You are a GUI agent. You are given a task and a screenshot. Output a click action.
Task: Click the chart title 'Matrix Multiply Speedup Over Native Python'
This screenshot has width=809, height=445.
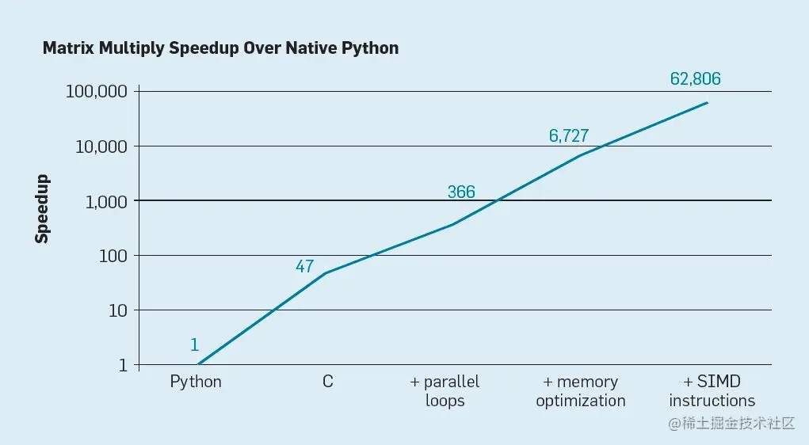[x=220, y=48]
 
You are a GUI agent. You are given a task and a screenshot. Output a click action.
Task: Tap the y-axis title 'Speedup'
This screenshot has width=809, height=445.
[x=41, y=208]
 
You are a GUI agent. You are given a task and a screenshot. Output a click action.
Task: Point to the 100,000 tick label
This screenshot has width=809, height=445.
[x=97, y=91]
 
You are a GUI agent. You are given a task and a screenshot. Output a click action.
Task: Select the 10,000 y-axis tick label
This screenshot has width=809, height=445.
[x=101, y=146]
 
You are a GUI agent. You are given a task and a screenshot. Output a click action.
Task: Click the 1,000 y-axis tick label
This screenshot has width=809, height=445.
[x=105, y=201]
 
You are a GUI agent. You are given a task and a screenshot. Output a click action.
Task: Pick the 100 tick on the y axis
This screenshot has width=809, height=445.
[x=113, y=256]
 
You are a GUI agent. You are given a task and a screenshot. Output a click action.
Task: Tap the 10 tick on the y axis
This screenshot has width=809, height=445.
[x=117, y=310]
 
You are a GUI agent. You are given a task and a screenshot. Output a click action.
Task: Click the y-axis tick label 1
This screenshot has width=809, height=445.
[x=123, y=365]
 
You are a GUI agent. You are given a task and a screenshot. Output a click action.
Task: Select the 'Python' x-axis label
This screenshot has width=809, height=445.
[x=196, y=382]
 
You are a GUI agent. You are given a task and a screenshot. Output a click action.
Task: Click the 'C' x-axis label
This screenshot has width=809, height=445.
[x=327, y=382]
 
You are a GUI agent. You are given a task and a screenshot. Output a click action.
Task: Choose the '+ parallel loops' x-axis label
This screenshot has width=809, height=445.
[x=445, y=391]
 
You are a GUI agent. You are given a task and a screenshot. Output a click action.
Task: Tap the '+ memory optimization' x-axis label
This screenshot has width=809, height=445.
[x=581, y=391]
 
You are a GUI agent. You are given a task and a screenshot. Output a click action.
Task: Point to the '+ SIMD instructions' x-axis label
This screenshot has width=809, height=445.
[x=711, y=391]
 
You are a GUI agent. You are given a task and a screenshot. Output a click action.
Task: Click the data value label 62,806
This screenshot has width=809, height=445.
[x=696, y=79]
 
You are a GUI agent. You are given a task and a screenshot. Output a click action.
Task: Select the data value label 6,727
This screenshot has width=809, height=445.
[x=569, y=136]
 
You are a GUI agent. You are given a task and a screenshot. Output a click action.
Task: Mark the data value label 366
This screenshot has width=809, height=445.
[x=461, y=192]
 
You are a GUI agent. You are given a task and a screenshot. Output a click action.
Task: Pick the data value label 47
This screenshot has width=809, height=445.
[x=305, y=267]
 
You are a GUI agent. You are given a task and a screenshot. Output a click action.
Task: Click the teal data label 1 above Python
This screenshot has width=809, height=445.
[x=194, y=344]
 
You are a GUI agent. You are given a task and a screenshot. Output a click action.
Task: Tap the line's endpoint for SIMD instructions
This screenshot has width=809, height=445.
[x=708, y=102]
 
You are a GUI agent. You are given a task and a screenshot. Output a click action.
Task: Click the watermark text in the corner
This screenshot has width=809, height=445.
[x=731, y=424]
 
